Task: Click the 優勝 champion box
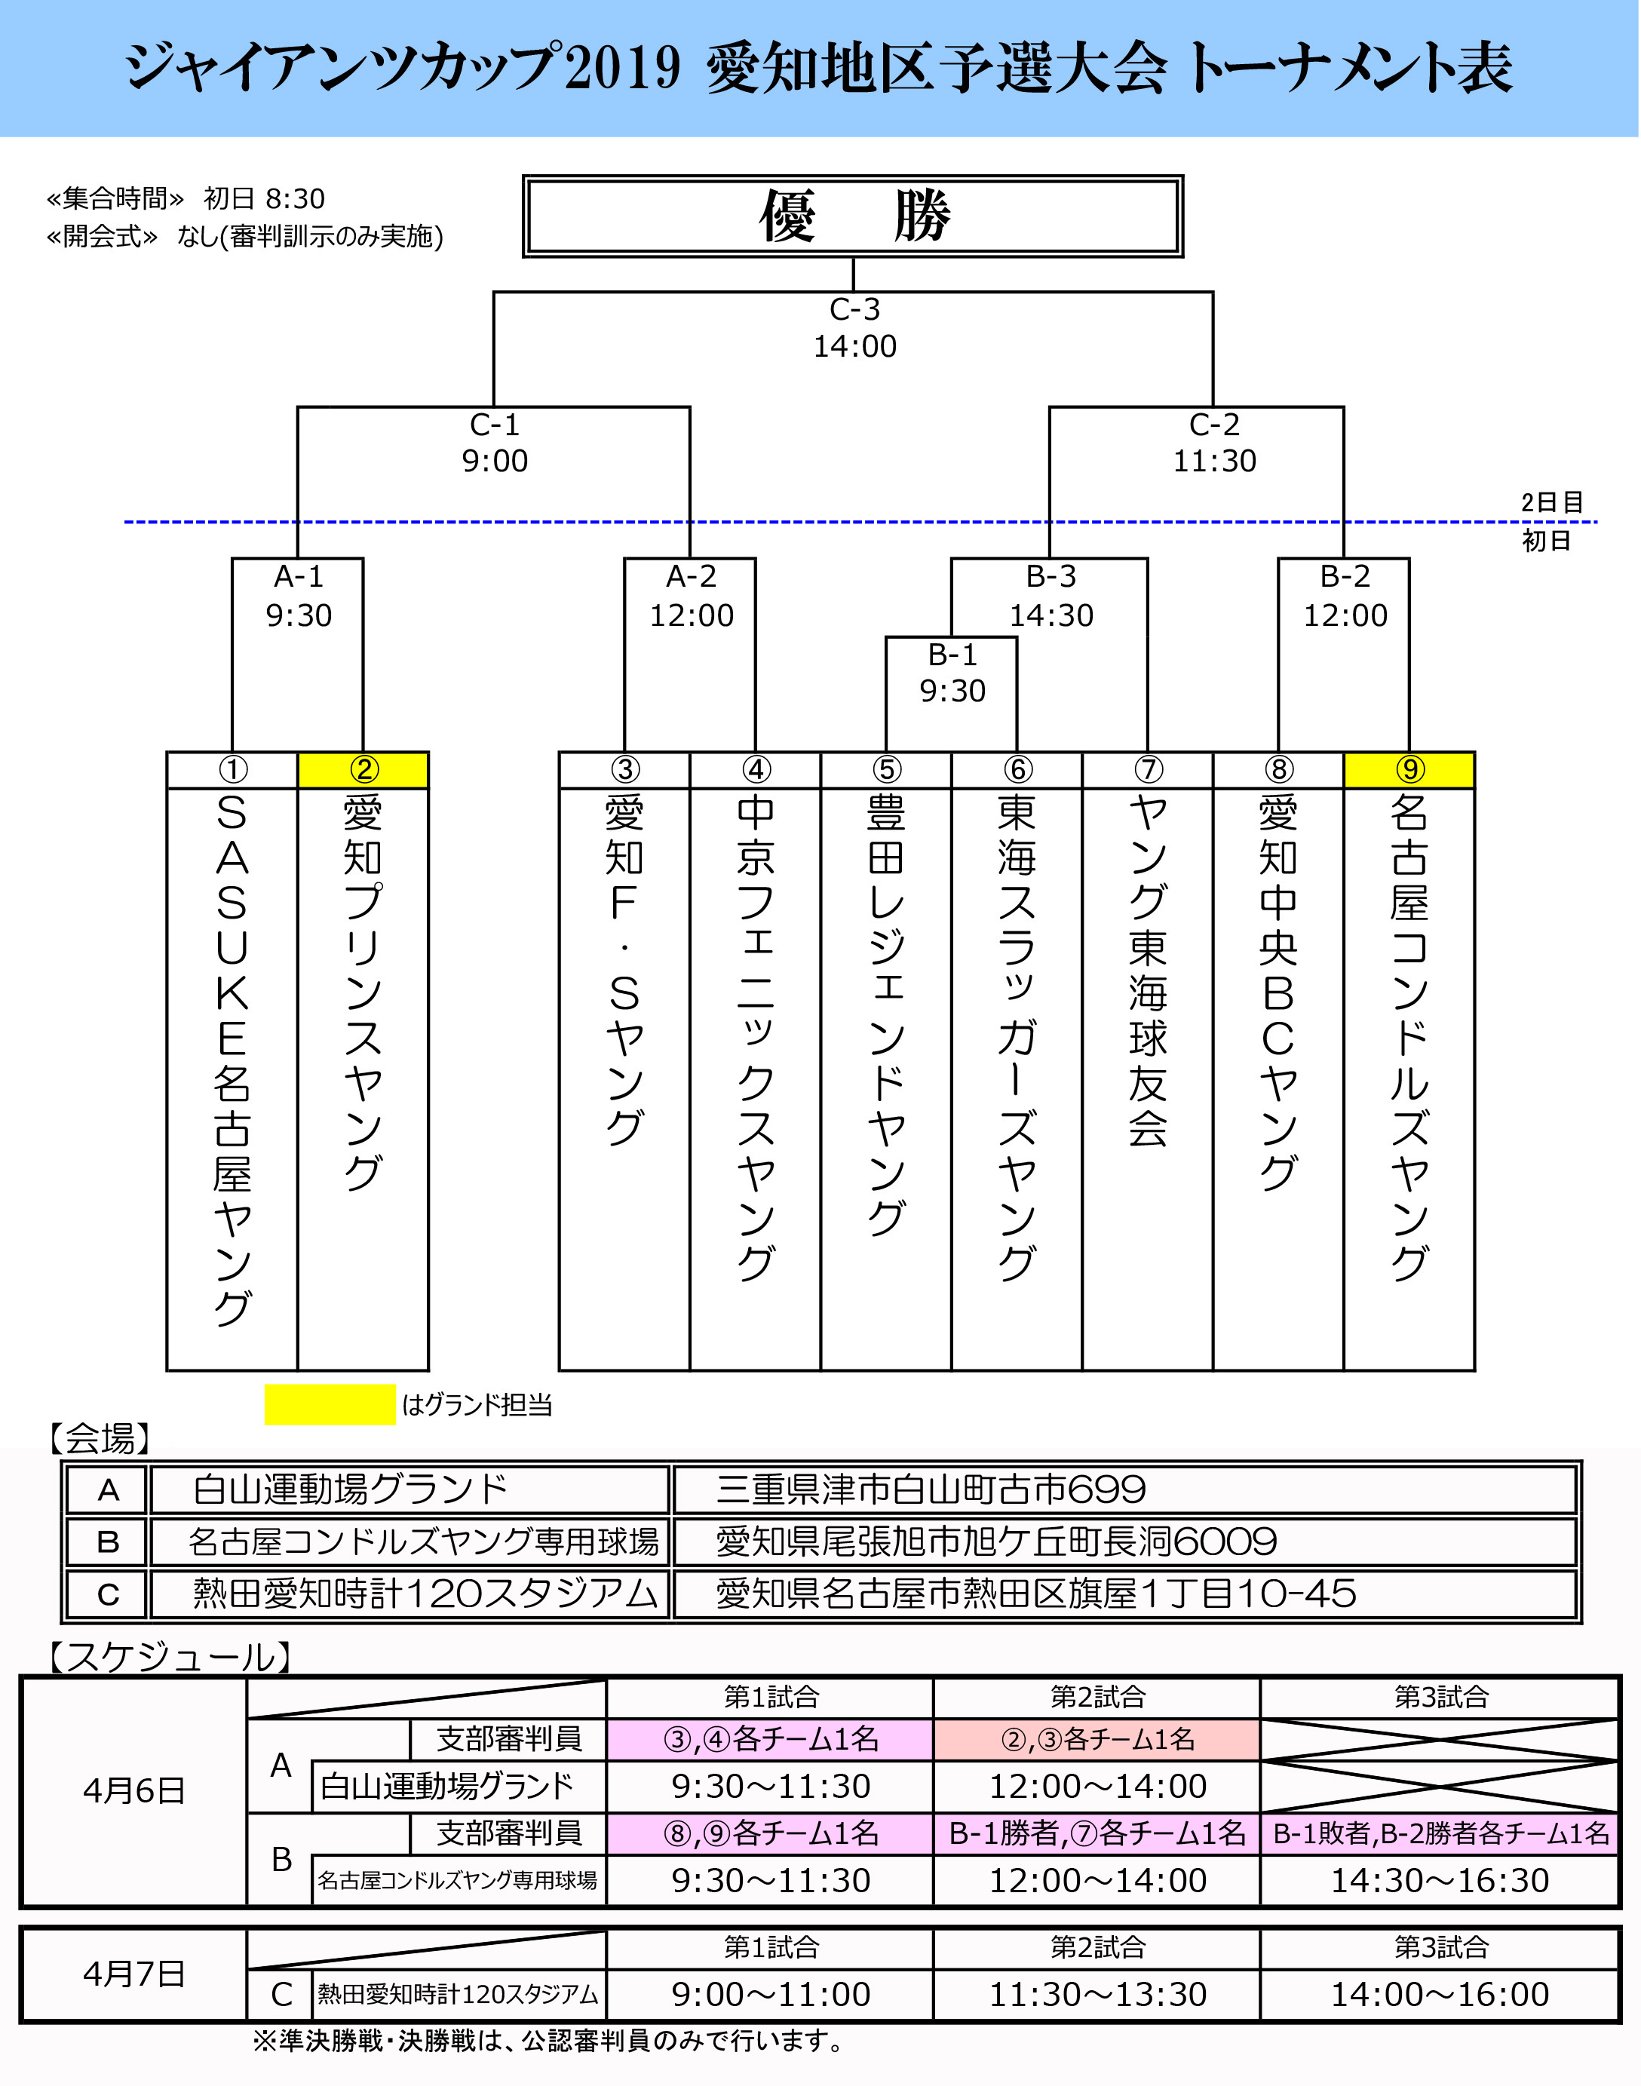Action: click(853, 216)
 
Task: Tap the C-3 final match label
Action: click(854, 309)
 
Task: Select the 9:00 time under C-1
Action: click(495, 462)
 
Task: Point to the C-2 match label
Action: click(1214, 425)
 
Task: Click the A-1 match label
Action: click(299, 576)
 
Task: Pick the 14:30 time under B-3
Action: click(1051, 615)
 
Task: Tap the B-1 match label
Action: click(952, 655)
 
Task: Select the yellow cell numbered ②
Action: click(363, 770)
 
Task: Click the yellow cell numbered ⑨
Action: click(1409, 770)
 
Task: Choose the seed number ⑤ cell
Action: click(886, 770)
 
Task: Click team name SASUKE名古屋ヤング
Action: click(232, 1057)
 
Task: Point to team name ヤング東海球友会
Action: click(1147, 971)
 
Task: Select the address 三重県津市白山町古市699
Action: click(930, 1490)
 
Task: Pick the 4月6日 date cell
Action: click(133, 1791)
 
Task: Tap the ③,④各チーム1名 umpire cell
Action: click(771, 1739)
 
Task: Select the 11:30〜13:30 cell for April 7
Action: click(1097, 1995)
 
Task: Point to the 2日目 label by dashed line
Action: click(1552, 502)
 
